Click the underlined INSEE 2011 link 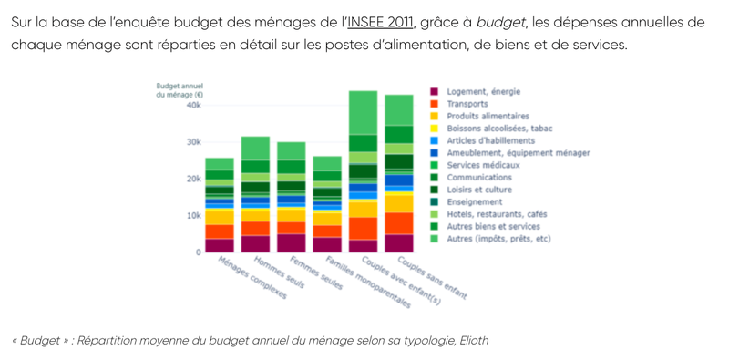380,23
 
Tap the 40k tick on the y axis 193,106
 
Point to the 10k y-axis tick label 193,216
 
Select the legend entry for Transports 467,104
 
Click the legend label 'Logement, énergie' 484,92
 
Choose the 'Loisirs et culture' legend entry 479,190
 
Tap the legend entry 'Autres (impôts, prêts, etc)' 498,239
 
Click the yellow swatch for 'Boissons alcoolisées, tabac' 435,129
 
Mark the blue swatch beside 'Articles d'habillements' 435,140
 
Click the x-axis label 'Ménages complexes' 252,278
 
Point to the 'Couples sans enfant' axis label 432,278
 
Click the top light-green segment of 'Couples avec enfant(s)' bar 363,113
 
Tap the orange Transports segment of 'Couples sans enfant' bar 399,223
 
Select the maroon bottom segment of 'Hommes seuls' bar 255,244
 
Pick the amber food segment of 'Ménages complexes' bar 220,218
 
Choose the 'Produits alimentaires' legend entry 488,117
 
